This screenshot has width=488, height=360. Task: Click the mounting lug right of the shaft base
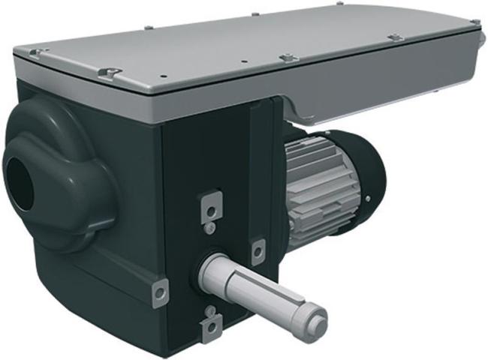coord(258,250)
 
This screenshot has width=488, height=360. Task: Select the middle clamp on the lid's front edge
coord(288,57)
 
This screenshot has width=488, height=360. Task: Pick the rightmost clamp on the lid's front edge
coord(394,37)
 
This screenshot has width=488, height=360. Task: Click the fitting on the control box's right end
coord(474,33)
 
